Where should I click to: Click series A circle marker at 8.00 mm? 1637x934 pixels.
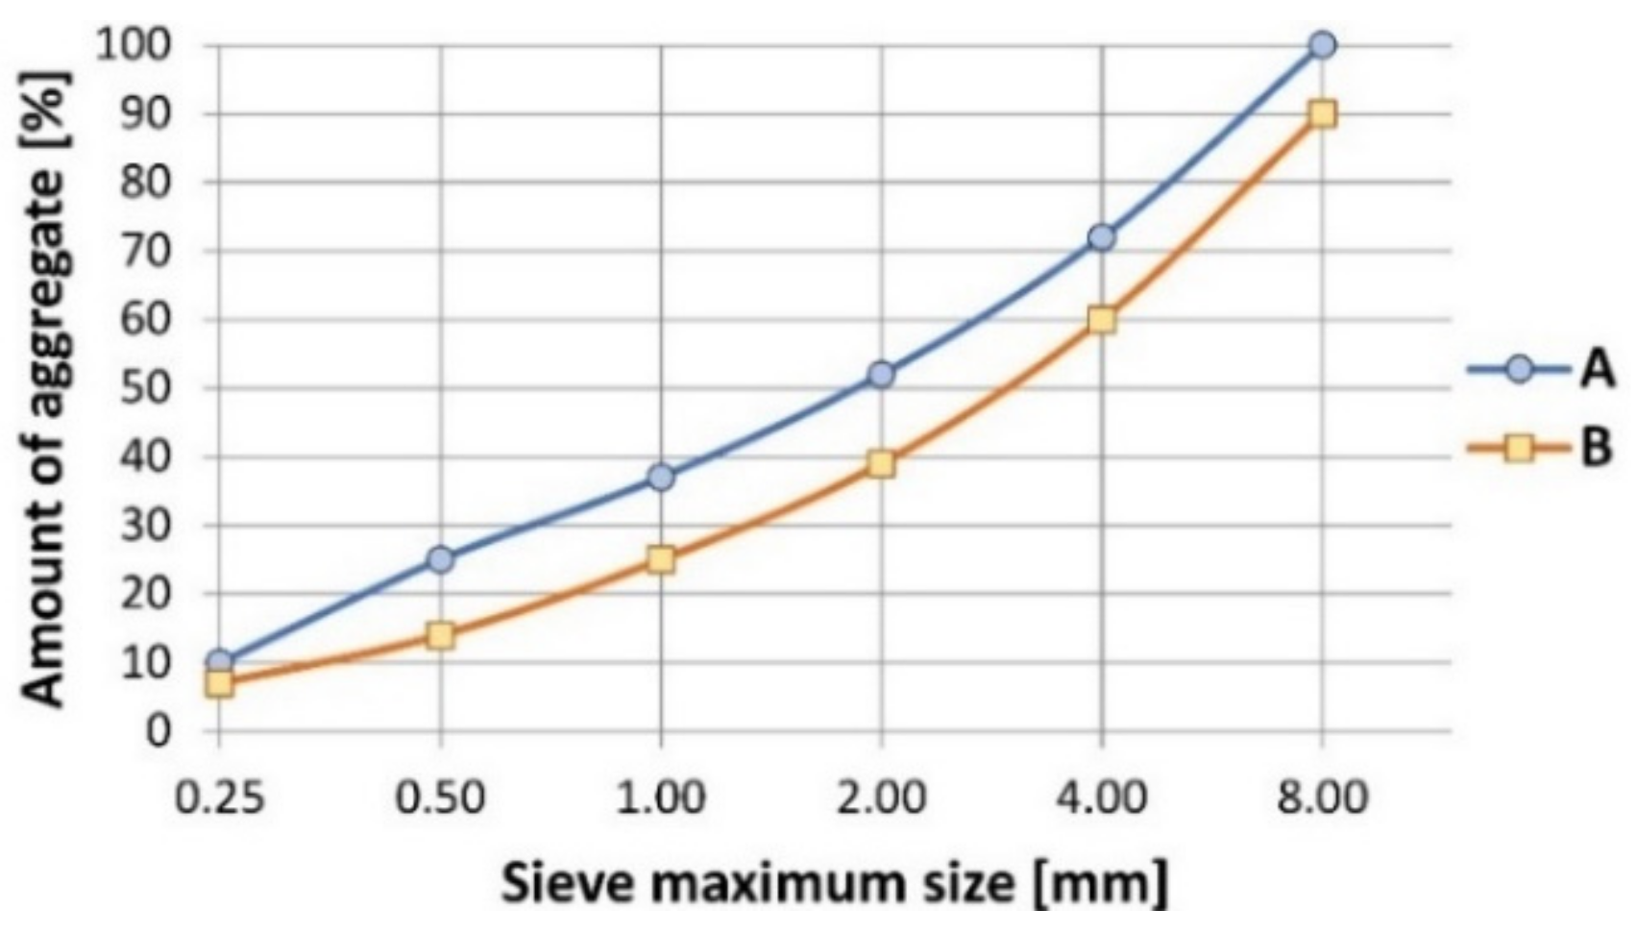tap(1322, 44)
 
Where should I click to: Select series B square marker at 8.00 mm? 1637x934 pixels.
tap(1322, 113)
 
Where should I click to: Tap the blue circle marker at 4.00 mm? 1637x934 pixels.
tap(1102, 236)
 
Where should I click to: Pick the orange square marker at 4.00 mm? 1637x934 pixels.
tap(1102, 319)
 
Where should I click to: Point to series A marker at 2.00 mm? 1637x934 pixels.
tap(881, 374)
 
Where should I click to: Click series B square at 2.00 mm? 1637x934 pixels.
tap(881, 463)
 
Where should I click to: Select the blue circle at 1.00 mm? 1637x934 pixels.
tap(661, 477)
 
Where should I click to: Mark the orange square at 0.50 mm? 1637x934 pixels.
tap(440, 634)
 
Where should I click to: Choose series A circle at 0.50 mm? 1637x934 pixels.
tap(440, 558)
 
